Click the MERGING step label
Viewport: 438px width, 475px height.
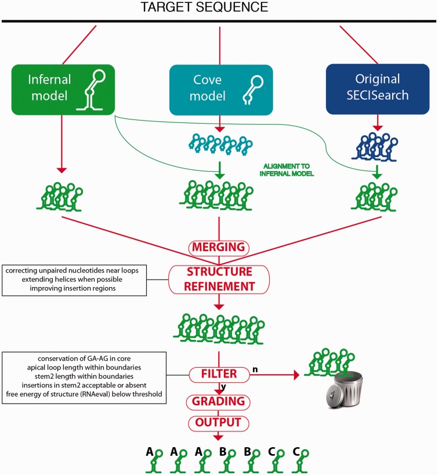pos(219,248)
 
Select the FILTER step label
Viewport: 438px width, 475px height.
pos(219,375)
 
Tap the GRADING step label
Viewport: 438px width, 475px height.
pos(219,401)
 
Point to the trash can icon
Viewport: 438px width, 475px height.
pos(341,406)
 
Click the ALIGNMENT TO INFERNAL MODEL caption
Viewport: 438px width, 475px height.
pos(286,171)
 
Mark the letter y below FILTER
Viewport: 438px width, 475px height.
pos(223,387)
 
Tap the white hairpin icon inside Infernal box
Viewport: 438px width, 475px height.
pos(93,89)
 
